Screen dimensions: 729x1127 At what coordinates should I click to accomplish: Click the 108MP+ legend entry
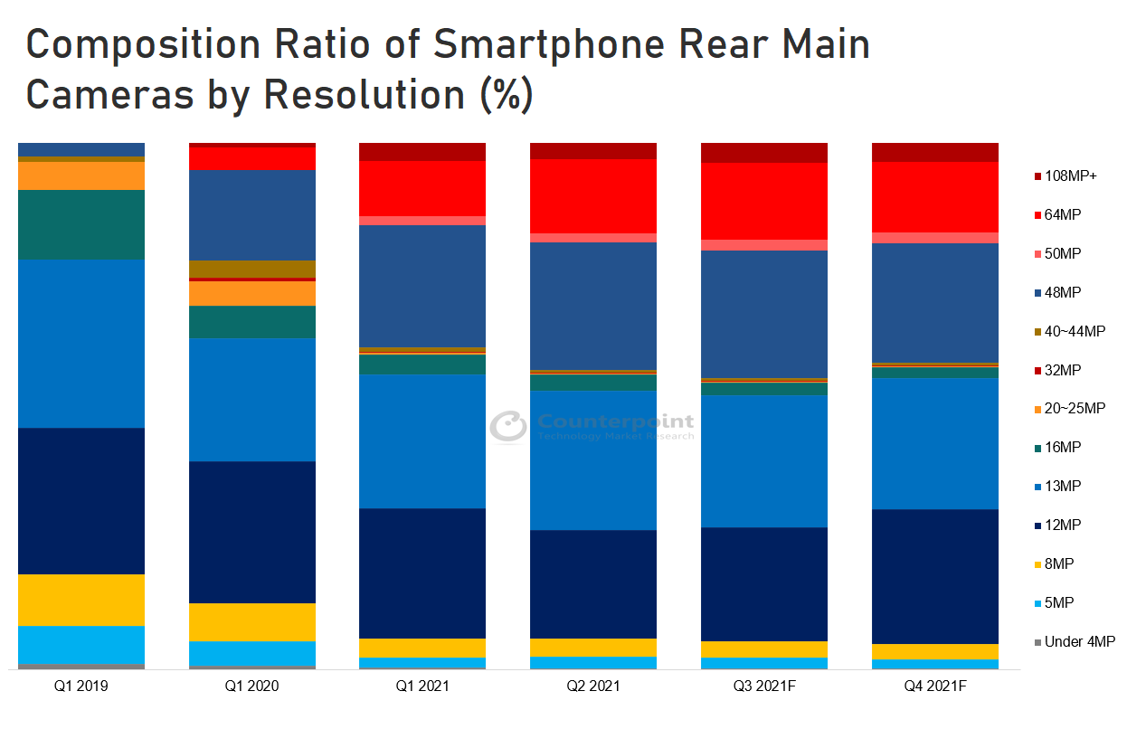coord(1070,175)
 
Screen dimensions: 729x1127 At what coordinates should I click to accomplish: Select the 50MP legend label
coord(1063,253)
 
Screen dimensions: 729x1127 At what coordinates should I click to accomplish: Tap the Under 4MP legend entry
coord(1079,642)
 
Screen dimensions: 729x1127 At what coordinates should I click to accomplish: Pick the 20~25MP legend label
coord(1075,409)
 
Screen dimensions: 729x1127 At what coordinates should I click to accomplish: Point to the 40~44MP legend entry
coord(1075,331)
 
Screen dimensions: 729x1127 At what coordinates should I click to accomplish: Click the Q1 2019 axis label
coord(80,686)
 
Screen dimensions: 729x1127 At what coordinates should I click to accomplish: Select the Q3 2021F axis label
coord(763,686)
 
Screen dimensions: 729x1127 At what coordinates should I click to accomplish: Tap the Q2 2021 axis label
coord(592,686)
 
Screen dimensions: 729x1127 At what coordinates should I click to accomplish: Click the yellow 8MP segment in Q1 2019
coord(81,600)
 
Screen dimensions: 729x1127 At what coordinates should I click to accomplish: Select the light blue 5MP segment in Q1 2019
coord(81,644)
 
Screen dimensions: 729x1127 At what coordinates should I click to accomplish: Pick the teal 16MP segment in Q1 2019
coord(81,224)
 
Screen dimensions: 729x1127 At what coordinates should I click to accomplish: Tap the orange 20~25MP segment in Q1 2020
coord(251,294)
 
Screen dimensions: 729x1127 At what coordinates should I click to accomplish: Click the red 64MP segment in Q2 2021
coord(592,195)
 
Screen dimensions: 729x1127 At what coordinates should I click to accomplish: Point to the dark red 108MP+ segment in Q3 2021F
coord(763,152)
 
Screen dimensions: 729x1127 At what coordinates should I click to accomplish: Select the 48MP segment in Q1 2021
coord(422,286)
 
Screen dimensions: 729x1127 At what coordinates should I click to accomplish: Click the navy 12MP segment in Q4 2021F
coord(934,576)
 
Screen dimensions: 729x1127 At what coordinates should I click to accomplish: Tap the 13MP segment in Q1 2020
coord(251,399)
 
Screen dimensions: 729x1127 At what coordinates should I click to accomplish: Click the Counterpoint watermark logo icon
coord(508,427)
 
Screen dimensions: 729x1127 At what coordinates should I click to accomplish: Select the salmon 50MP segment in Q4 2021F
coord(934,238)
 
